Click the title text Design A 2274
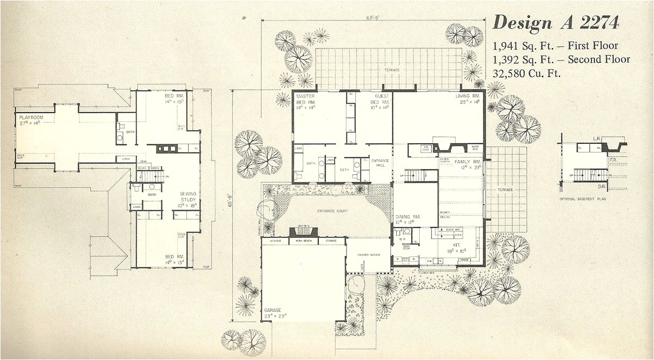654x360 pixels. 555,23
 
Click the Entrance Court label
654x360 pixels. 332,210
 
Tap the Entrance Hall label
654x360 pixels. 380,163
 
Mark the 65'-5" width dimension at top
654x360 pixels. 373,18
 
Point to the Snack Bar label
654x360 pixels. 453,230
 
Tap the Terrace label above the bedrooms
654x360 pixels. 391,70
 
